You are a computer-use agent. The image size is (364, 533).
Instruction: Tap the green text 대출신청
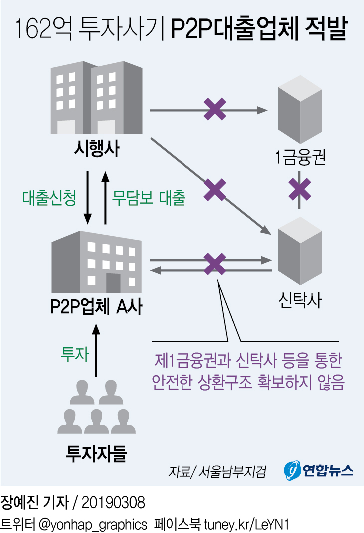pos(49,198)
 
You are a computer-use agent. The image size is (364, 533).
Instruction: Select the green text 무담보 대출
pos(149,198)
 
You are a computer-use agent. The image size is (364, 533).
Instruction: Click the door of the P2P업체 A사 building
pos(113,283)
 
